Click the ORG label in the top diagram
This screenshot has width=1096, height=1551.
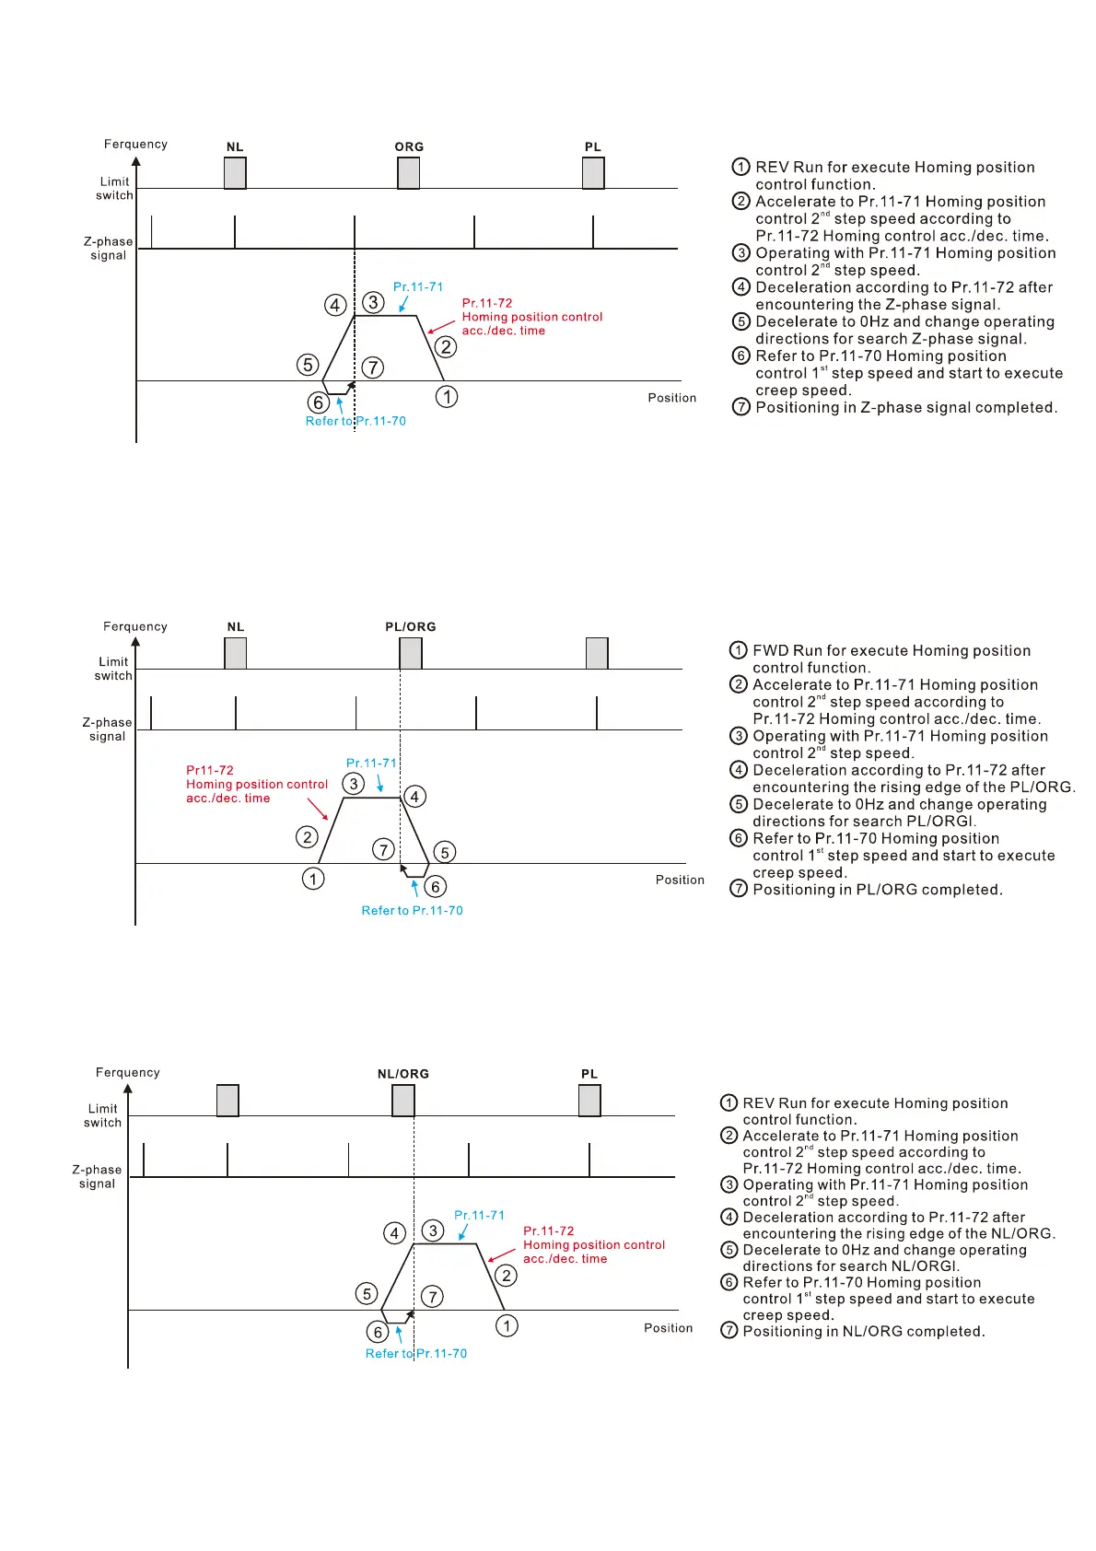point(409,147)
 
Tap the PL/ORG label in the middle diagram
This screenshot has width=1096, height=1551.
point(411,627)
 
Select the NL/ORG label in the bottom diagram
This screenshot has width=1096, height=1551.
point(403,1074)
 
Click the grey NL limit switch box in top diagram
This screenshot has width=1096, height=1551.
point(235,173)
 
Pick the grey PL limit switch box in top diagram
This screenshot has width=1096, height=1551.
point(593,173)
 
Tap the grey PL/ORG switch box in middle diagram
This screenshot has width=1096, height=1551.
point(411,653)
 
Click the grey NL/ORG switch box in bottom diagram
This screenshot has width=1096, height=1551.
point(403,1100)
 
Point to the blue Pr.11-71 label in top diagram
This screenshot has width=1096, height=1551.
point(418,287)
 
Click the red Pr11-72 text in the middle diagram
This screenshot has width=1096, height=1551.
point(210,771)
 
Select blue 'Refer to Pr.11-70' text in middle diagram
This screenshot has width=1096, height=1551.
point(412,911)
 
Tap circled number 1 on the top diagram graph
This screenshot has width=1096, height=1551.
point(447,397)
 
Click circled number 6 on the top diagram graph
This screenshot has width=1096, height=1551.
point(319,402)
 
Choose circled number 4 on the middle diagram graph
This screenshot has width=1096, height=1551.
point(415,797)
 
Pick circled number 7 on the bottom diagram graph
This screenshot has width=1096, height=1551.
point(432,1297)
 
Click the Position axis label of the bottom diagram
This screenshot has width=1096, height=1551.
point(668,1328)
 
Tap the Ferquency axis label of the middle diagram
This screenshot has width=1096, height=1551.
point(135,627)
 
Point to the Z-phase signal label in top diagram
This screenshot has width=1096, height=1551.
point(109,249)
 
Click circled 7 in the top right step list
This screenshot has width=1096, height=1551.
point(740,407)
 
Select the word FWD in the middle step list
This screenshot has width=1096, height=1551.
point(770,651)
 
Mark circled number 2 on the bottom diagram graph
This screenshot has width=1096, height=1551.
point(507,1276)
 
